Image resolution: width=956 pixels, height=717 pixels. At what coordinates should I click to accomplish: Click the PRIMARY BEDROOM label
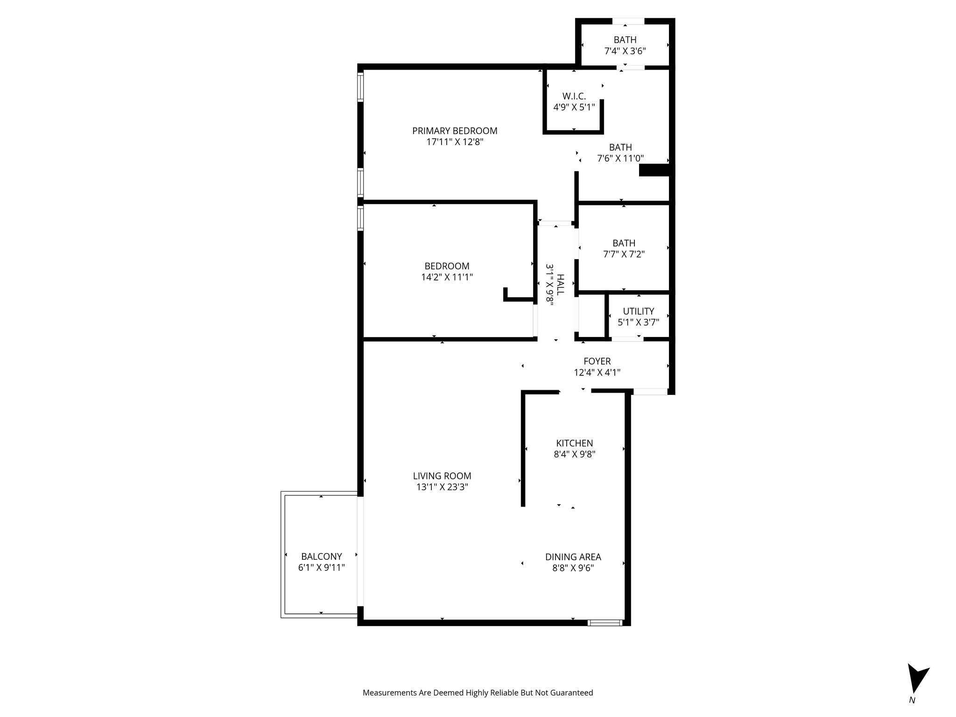point(455,131)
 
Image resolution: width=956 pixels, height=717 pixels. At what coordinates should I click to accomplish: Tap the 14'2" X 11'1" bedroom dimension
point(447,277)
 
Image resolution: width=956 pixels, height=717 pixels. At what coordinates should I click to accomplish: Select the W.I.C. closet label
point(574,96)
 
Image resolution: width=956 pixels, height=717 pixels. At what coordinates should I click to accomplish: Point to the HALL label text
point(560,284)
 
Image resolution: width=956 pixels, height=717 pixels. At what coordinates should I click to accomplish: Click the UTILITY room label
point(638,311)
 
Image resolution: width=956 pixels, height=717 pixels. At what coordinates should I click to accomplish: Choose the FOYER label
point(597,361)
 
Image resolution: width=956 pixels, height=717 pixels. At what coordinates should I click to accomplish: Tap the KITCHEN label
point(574,443)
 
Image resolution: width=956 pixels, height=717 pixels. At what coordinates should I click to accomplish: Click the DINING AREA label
point(573,557)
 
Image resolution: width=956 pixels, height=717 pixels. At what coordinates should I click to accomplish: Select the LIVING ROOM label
point(442,476)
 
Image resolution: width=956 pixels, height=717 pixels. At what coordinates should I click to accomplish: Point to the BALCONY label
point(321,556)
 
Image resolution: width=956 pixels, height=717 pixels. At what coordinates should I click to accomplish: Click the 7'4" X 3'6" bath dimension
point(625,51)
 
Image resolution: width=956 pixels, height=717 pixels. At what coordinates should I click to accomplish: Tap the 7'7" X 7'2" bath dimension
point(624,254)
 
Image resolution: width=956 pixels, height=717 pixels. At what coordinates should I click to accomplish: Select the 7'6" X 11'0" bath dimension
point(620,159)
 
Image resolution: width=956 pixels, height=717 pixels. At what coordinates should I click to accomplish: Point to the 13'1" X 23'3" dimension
point(442,487)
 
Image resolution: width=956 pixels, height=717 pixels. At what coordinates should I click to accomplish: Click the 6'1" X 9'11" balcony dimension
point(321,568)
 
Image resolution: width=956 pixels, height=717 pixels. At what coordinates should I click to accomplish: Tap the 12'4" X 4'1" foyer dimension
point(597,373)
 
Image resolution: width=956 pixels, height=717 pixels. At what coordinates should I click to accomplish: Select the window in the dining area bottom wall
point(605,622)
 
